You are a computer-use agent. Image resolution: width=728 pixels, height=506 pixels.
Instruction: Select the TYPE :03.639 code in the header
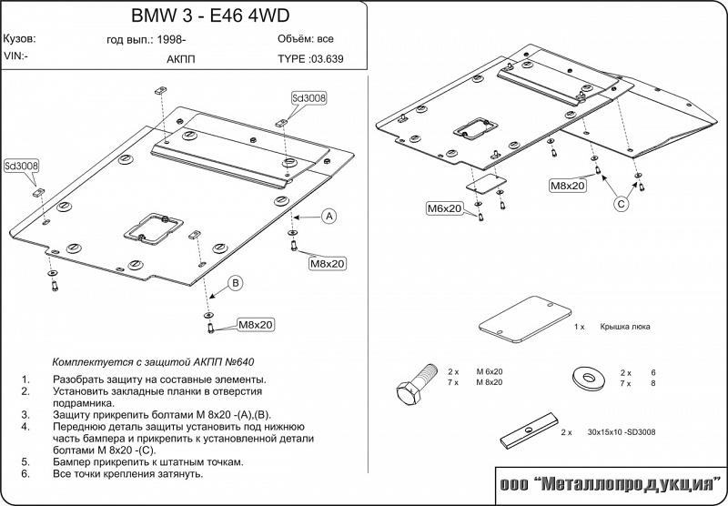pyautogui.click(x=309, y=58)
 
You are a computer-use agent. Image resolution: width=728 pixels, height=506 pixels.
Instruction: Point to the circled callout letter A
pyautogui.click(x=329, y=216)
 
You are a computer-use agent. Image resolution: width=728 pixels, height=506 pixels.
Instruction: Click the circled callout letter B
pyautogui.click(x=235, y=284)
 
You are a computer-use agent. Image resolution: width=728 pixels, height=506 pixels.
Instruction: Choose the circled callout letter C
pyautogui.click(x=620, y=204)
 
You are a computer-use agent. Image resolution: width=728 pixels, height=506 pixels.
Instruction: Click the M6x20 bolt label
pyautogui.click(x=446, y=209)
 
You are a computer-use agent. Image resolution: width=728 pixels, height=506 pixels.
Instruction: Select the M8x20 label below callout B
pyautogui.click(x=257, y=324)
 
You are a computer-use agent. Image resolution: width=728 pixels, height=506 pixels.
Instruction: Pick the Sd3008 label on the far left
pyautogui.click(x=22, y=167)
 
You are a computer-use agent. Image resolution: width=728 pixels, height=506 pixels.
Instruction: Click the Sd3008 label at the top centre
pyautogui.click(x=309, y=98)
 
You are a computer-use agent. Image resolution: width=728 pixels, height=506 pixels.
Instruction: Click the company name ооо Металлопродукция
pyautogui.click(x=610, y=483)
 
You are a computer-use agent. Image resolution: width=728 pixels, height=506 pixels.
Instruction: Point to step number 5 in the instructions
pyautogui.click(x=26, y=461)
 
